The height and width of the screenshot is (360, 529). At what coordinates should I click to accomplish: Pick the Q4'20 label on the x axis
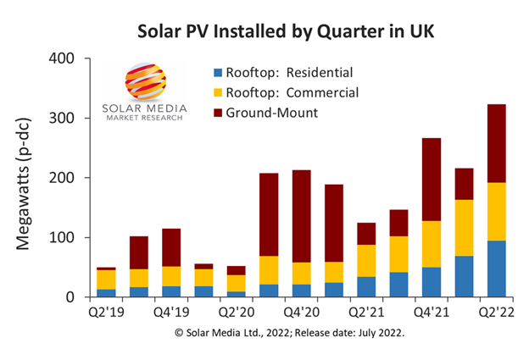tap(302, 311)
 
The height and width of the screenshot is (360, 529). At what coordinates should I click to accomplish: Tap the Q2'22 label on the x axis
tap(497, 311)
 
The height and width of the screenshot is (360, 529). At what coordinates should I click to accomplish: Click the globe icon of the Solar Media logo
tap(145, 86)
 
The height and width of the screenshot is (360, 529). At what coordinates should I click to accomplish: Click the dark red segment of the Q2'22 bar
tap(497, 143)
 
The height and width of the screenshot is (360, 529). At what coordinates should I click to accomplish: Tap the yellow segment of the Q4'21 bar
tap(432, 244)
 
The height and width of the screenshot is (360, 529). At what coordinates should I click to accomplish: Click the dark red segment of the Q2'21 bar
tap(367, 234)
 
